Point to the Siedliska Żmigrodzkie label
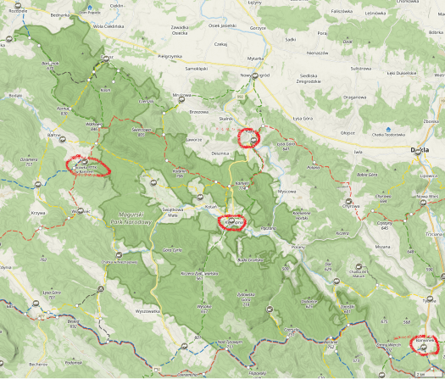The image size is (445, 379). [x=301, y=79]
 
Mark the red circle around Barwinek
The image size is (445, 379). [x=424, y=344]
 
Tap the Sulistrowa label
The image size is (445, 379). [x=361, y=68]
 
